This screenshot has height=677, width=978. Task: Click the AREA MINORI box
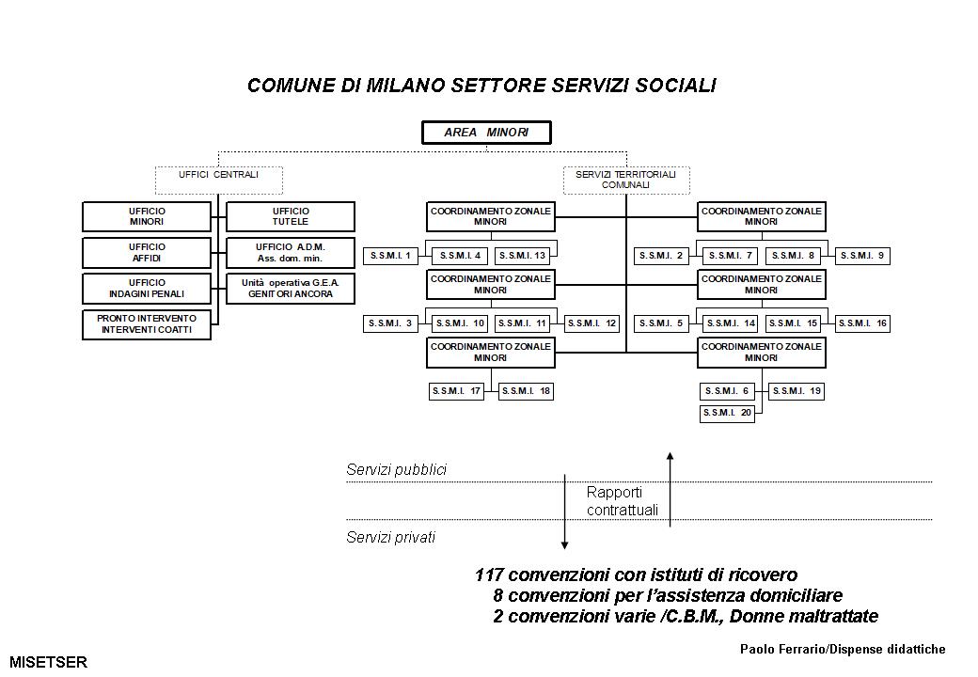(x=486, y=134)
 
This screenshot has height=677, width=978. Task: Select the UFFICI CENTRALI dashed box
(x=218, y=175)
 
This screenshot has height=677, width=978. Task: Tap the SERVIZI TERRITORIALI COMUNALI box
(x=625, y=180)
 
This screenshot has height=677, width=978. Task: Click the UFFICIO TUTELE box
(x=291, y=216)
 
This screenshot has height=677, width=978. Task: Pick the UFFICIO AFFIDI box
(x=147, y=252)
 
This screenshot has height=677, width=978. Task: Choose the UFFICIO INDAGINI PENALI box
(x=147, y=288)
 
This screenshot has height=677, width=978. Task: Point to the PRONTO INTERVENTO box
(x=147, y=324)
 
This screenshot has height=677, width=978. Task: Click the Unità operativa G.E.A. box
(x=291, y=288)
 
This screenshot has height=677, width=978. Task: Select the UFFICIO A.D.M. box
(x=291, y=252)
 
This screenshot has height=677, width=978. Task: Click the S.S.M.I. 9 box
(x=862, y=256)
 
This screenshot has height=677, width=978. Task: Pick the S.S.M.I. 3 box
(x=391, y=323)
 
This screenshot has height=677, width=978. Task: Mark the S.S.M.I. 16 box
(x=862, y=323)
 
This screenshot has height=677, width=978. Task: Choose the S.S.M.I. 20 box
(x=727, y=414)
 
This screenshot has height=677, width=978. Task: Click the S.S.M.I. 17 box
(x=456, y=391)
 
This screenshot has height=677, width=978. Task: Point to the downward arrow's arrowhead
(x=564, y=544)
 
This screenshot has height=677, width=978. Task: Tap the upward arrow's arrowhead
(x=670, y=457)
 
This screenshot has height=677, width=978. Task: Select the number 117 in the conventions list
(x=490, y=575)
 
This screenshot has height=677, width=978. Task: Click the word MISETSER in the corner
(x=48, y=662)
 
